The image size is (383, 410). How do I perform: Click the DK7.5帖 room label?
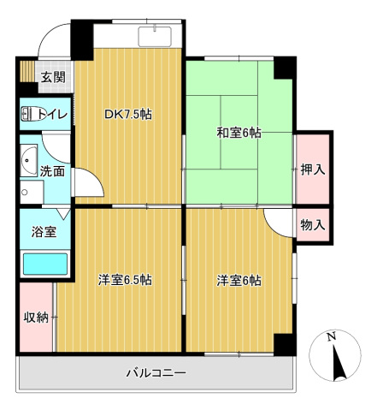tap(128, 114)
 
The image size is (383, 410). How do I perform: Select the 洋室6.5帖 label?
tap(125, 280)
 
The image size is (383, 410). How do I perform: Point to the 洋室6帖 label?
tap(239, 280)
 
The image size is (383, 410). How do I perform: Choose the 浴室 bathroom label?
tap(43, 231)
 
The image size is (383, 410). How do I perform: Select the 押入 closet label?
tap(313, 169)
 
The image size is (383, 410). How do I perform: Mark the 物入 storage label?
tap(313, 225)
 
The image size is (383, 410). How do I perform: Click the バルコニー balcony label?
tap(156, 372)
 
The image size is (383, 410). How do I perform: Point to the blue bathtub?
tap(44, 264)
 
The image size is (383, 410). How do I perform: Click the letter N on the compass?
tap(332, 336)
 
